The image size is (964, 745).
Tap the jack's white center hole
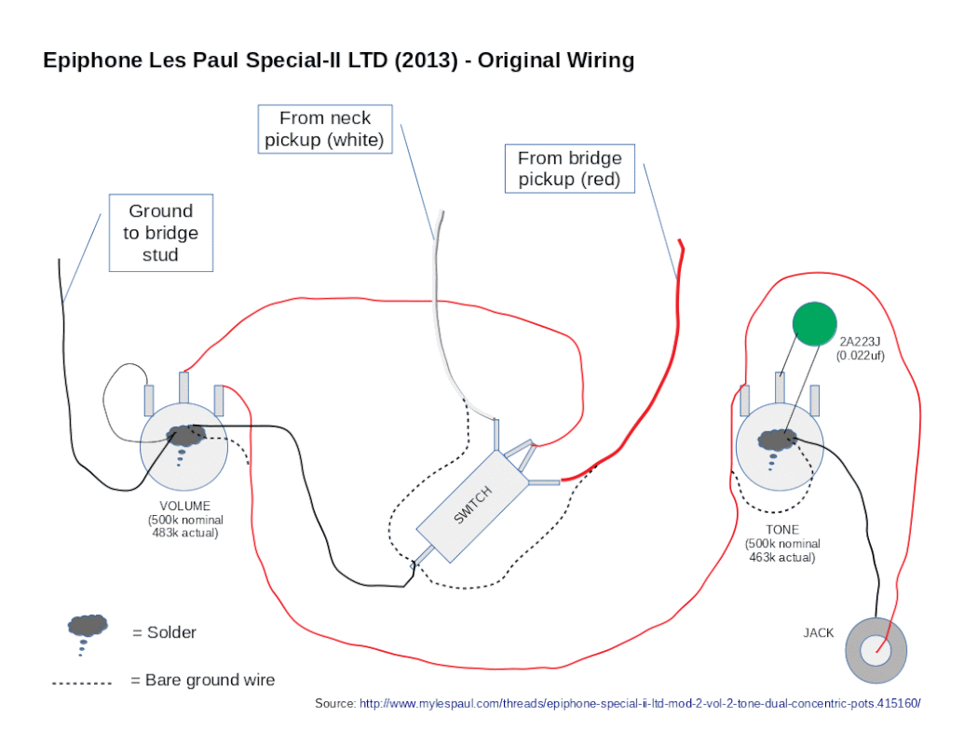point(876,650)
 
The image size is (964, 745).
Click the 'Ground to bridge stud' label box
point(160,233)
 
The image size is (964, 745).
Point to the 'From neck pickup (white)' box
point(324,129)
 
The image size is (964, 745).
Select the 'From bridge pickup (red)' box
point(569,169)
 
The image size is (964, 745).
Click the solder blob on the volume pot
point(184,434)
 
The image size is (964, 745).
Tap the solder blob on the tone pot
point(777,439)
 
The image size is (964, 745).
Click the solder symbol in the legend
point(88,627)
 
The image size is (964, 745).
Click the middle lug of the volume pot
point(183,386)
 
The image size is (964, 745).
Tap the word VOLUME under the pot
point(185,507)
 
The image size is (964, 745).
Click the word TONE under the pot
point(781,530)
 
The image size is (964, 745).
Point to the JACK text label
point(819,633)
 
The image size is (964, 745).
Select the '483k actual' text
point(185,533)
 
